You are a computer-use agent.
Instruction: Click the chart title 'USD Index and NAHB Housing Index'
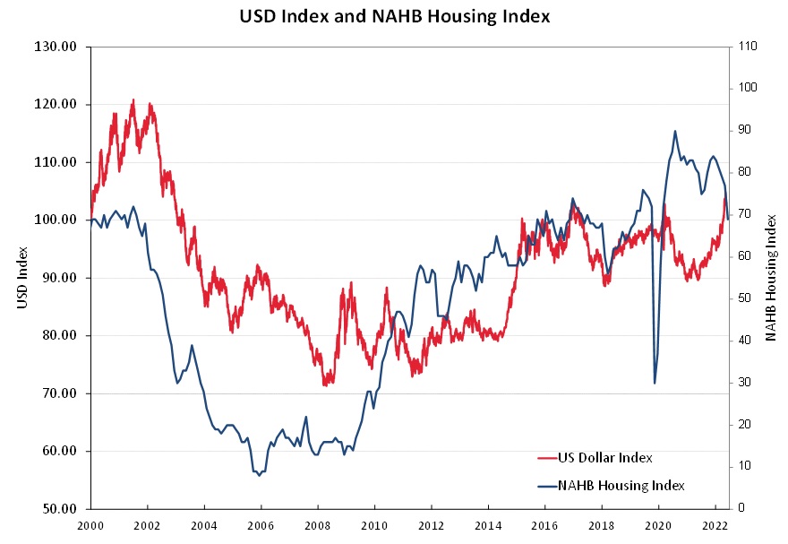tap(394, 16)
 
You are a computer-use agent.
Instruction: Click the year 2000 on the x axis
tap(90, 526)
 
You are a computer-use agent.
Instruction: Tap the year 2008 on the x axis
tap(318, 526)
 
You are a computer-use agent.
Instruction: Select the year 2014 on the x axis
tap(488, 526)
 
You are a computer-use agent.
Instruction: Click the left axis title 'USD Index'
tap(21, 278)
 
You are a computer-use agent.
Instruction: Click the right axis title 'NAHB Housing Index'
tap(771, 278)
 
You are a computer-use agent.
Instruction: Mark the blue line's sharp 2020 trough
tap(655, 384)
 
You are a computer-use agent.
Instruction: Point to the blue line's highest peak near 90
tap(675, 131)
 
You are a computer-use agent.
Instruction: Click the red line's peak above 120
tap(133, 99)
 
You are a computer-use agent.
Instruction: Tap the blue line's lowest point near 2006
tap(260, 475)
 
